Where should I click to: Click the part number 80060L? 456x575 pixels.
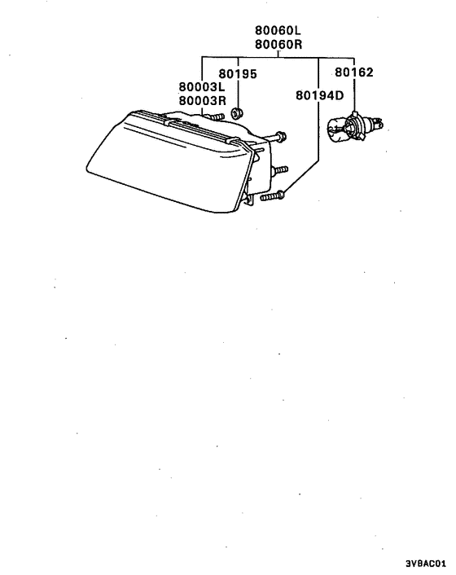(278, 30)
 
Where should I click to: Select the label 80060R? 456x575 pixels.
(278, 44)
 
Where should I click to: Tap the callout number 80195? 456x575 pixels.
(238, 74)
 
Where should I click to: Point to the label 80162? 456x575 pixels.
(354, 72)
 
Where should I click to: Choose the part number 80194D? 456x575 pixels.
(320, 95)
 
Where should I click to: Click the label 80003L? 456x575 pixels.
(202, 87)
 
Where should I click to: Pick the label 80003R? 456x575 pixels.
(202, 100)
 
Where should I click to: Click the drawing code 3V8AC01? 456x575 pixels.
(426, 563)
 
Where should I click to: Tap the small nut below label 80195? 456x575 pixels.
(236, 113)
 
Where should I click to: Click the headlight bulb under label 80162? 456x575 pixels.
(354, 127)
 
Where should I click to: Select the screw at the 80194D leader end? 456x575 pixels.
(272, 195)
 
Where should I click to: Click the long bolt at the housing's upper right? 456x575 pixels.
(277, 137)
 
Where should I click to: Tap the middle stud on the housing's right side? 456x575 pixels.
(279, 170)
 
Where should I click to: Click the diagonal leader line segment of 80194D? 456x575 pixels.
(301, 178)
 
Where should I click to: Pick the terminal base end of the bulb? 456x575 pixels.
(375, 124)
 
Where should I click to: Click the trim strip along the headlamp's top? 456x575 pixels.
(191, 126)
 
